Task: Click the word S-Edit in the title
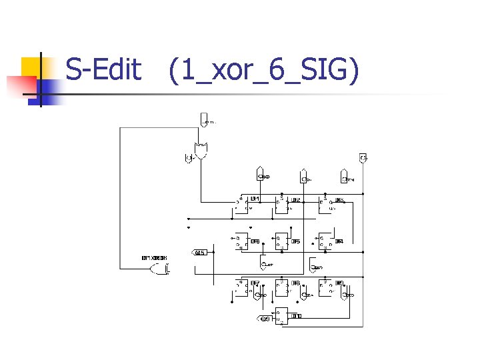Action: pyautogui.click(x=103, y=69)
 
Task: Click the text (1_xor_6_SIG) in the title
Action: pyautogui.click(x=264, y=71)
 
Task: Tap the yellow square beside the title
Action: pyautogui.click(x=35, y=67)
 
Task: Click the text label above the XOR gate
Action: pyautogui.click(x=154, y=258)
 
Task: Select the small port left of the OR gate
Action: pyautogui.click(x=189, y=158)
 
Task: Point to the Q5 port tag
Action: pyautogui.click(x=201, y=253)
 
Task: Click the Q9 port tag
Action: pyautogui.click(x=265, y=319)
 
